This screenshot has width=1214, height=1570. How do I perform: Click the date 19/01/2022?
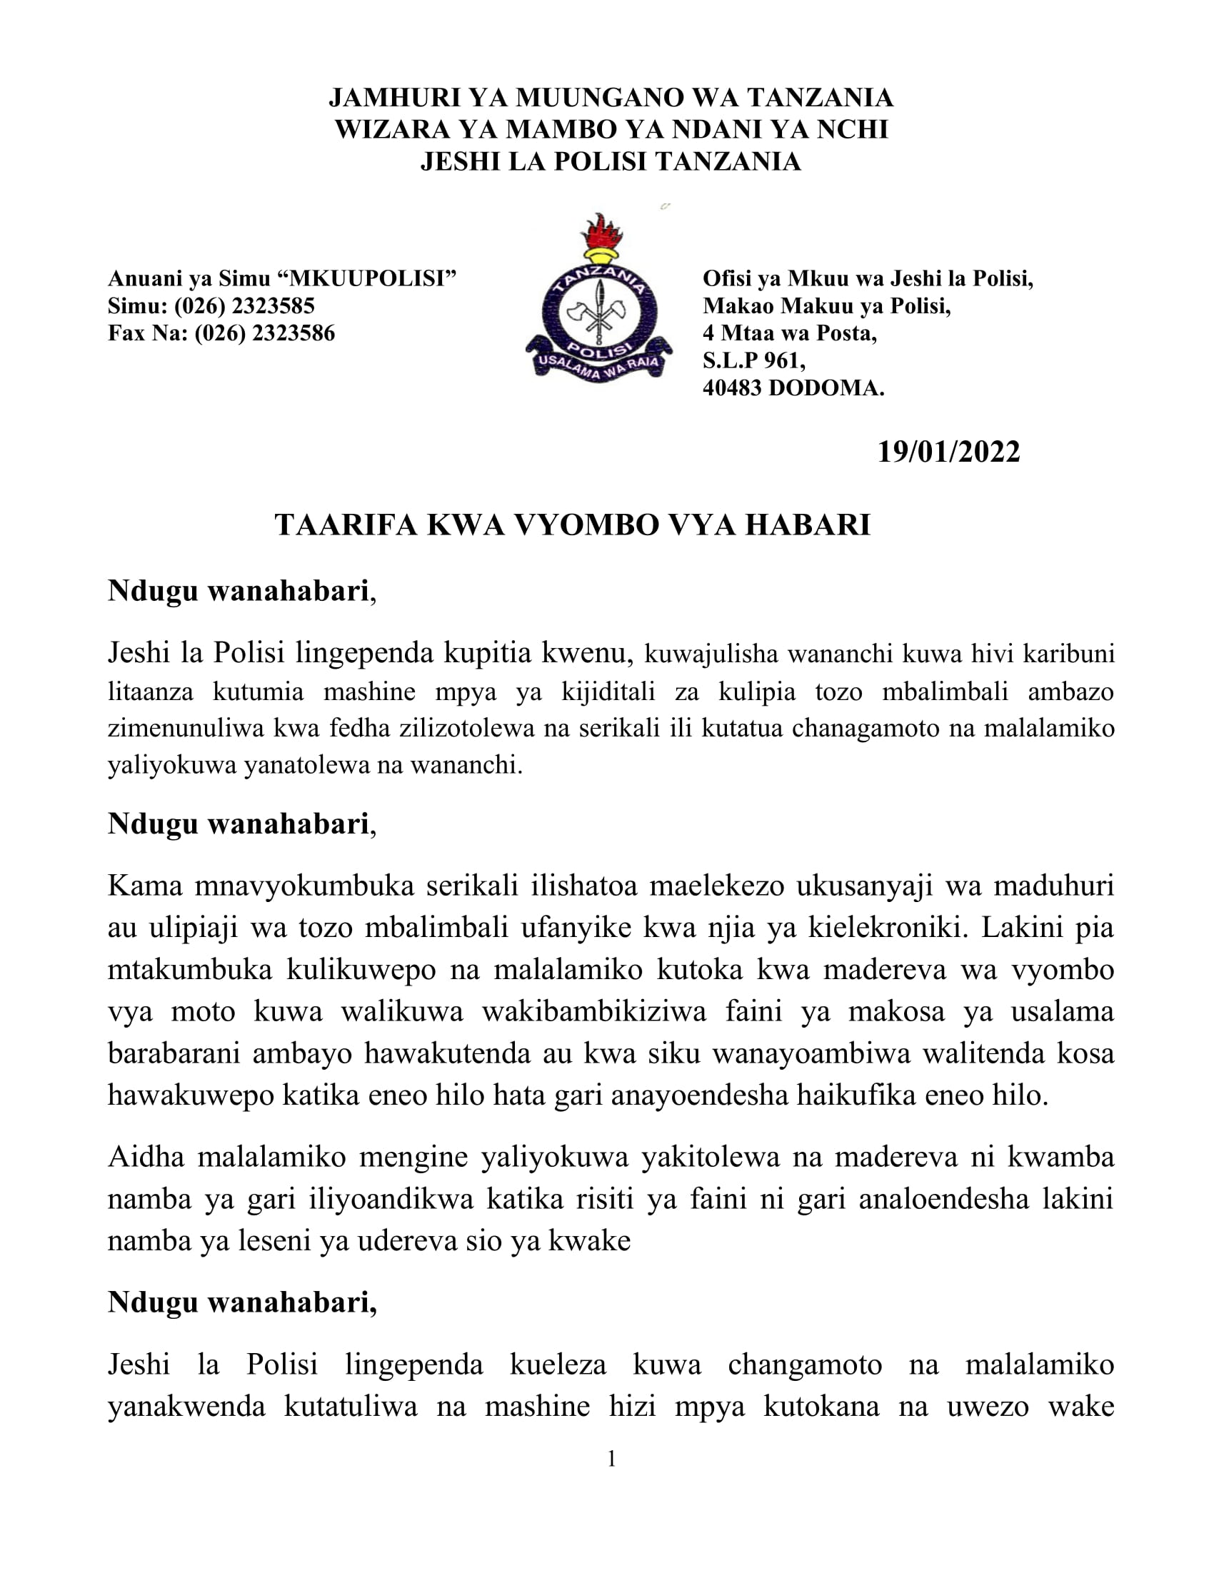(948, 452)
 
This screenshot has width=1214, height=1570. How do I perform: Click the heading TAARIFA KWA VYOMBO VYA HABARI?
(573, 525)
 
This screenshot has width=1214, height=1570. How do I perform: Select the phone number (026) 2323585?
(244, 306)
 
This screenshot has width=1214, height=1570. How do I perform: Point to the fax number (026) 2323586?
(265, 333)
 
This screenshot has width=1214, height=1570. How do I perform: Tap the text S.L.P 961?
(753, 361)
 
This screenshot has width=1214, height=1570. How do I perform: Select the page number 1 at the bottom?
(611, 1459)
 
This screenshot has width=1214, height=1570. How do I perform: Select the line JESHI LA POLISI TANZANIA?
(611, 162)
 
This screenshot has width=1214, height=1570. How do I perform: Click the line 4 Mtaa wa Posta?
(789, 333)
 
